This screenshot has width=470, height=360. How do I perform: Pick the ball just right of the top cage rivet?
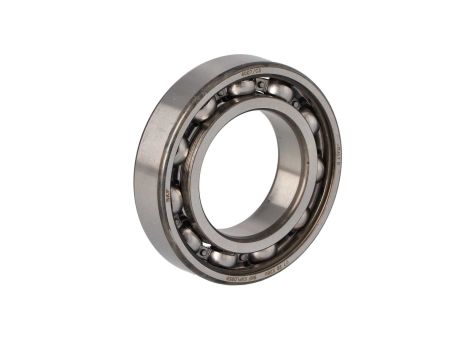coord(281,93)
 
